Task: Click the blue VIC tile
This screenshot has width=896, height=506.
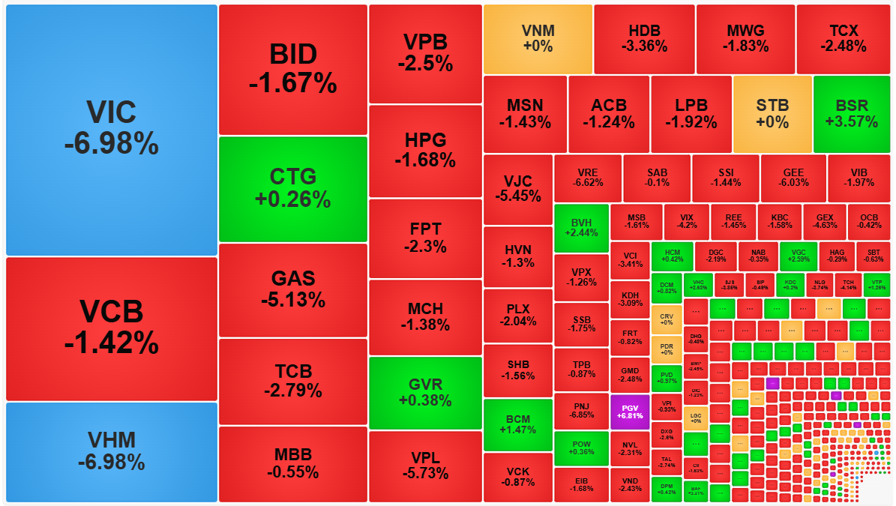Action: (111, 130)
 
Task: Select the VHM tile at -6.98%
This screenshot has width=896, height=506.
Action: (111, 452)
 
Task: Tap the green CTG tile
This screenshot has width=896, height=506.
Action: (292, 189)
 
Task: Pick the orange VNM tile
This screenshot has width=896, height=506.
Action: (538, 39)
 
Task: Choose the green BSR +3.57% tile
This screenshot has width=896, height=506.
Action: (851, 114)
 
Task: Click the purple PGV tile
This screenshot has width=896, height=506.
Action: (629, 412)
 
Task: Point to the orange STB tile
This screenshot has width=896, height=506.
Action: (772, 114)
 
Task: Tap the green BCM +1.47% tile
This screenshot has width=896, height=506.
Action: (517, 424)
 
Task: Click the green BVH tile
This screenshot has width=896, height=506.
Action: (581, 227)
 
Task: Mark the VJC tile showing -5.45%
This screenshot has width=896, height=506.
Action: (517, 189)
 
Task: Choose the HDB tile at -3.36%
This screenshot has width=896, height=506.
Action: (644, 39)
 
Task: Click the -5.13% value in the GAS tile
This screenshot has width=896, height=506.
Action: (292, 301)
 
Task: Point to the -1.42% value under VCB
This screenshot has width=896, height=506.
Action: (111, 343)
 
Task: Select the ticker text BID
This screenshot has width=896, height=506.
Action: (292, 54)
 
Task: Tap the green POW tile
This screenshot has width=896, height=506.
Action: (581, 448)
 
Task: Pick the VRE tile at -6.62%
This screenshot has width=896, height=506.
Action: (588, 178)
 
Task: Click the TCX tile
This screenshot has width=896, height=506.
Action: (844, 39)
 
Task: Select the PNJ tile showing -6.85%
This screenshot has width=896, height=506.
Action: (581, 411)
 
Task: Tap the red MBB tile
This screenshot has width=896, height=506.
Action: (292, 463)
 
